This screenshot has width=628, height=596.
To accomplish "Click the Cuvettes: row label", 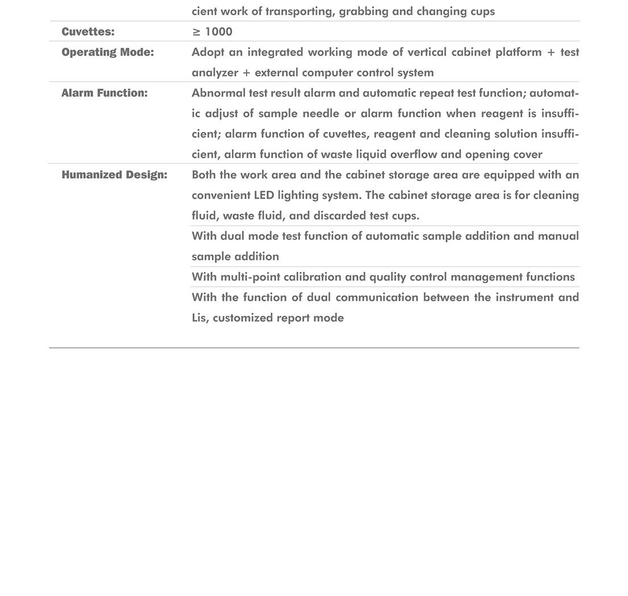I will coord(88,32).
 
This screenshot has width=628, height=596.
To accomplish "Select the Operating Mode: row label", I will coord(107,52).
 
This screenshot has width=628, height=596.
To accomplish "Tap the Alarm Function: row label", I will coord(105,93).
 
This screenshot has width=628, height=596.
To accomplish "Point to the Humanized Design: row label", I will coord(114,175).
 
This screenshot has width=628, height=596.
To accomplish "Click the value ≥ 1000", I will coord(212,32).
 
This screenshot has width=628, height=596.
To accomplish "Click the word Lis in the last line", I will coord(199,318).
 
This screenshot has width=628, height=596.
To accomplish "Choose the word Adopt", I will coord(207,52).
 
